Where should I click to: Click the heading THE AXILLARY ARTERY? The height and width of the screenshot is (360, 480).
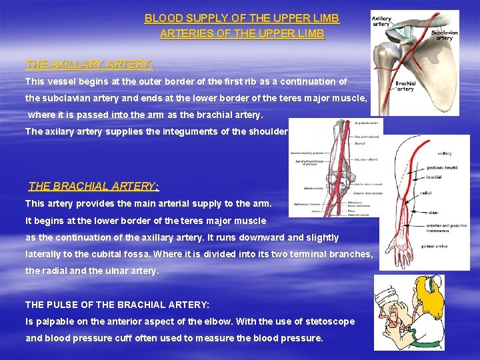tap(90, 65)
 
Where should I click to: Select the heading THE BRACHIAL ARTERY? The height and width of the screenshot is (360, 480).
tap(94, 186)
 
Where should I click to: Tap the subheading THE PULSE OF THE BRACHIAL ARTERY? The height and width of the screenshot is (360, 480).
tap(117, 304)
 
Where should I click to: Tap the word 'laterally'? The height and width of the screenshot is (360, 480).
tap(44, 254)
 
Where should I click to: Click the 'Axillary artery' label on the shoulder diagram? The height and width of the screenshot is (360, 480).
tap(381, 21)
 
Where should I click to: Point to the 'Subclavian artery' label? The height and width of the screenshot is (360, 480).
tap(444, 35)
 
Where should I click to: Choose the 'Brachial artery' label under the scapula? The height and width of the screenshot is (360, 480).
tap(405, 86)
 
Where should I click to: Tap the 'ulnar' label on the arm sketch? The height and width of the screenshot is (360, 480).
tap(434, 214)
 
